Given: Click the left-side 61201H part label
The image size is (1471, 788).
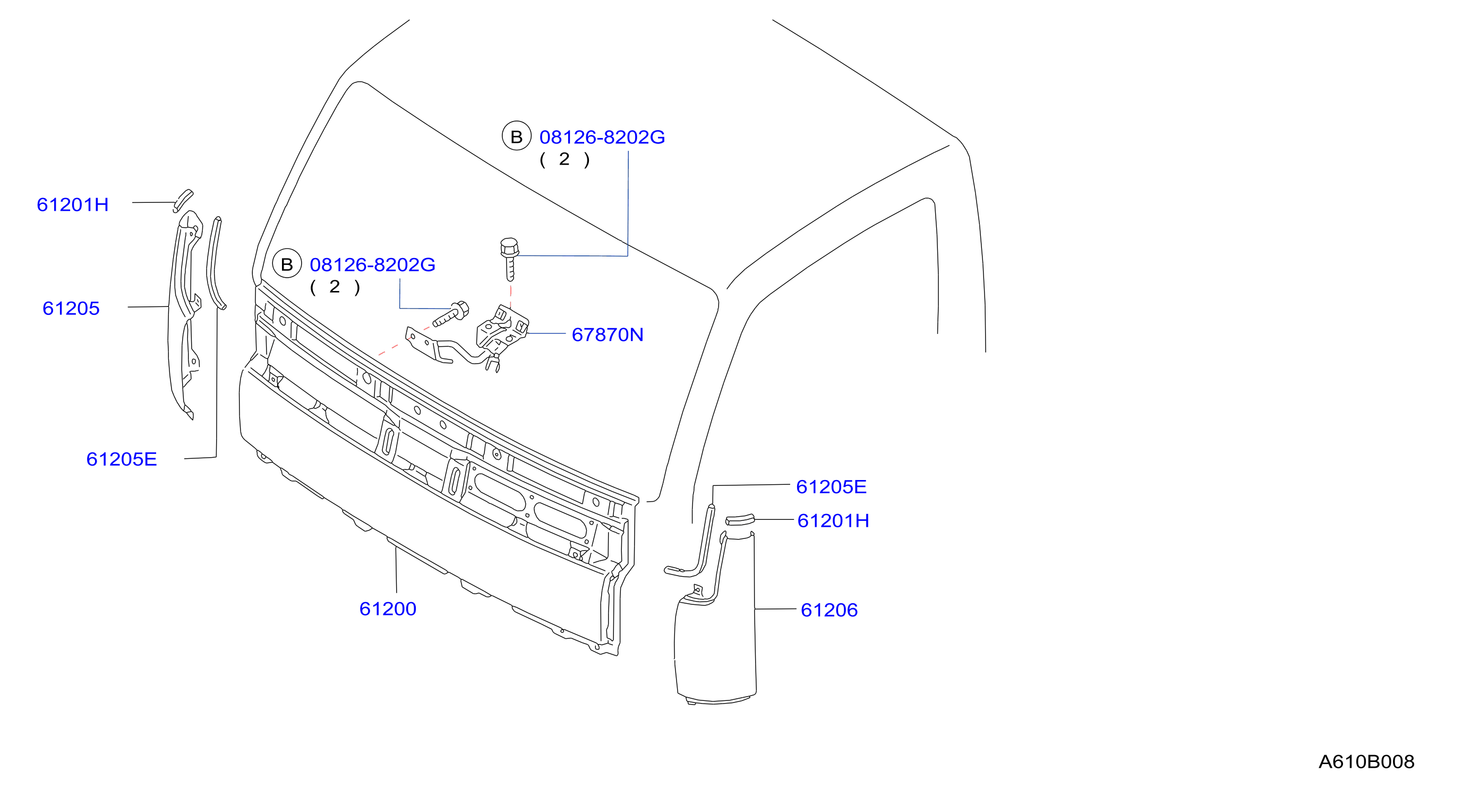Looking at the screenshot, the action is click(73, 204).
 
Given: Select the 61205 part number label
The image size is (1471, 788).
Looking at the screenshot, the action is click(71, 309).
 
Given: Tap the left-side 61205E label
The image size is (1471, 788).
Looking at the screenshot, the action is click(122, 459).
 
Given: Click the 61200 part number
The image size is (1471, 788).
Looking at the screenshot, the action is click(388, 609).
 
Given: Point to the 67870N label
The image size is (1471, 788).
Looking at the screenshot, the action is click(608, 335).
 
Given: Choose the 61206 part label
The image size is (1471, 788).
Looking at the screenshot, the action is click(829, 610).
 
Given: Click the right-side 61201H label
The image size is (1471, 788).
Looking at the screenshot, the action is click(833, 521).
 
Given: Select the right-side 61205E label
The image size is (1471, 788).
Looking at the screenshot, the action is click(832, 486).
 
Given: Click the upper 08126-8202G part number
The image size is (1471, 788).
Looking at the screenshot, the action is click(602, 137).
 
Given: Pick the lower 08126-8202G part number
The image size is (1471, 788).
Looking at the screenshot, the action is click(372, 264).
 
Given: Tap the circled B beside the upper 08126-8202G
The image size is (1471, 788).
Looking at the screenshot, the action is click(516, 136).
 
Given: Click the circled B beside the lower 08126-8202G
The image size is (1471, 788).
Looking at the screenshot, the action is click(287, 263).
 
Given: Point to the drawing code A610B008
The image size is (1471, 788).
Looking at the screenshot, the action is click(1366, 762).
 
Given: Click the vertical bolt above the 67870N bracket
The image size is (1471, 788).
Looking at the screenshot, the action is click(509, 259).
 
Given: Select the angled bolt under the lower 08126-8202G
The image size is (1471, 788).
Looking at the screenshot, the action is click(451, 314).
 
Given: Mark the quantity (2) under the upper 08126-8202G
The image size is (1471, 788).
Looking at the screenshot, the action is click(565, 159).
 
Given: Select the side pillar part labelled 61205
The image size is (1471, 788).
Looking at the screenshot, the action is click(184, 314).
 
